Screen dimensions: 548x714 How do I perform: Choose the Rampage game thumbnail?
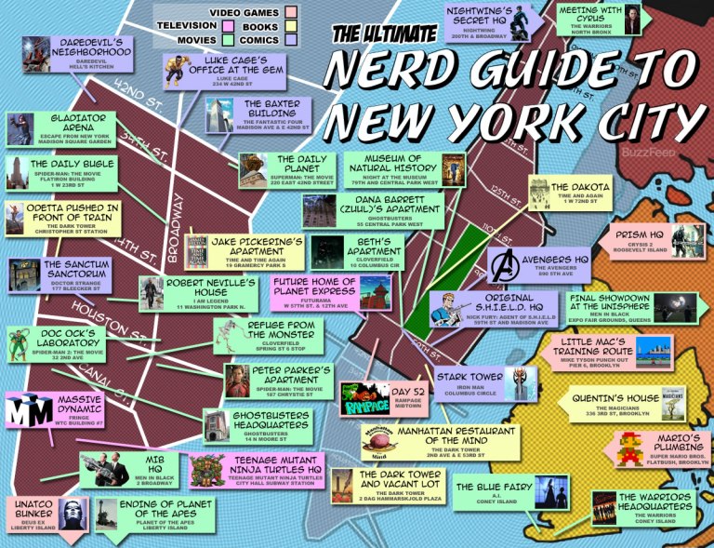362,399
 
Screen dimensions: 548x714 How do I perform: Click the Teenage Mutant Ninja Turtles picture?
206,470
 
